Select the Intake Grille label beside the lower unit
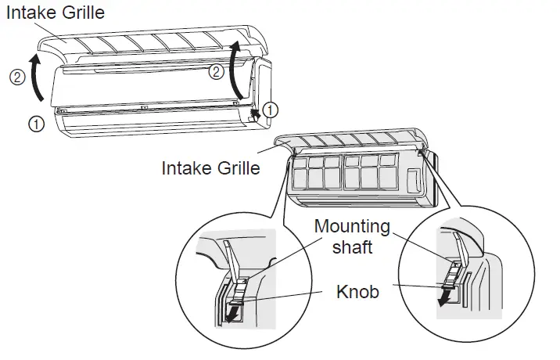[x=211, y=167]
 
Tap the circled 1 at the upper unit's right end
[x=269, y=110]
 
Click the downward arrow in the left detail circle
[x=232, y=312]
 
